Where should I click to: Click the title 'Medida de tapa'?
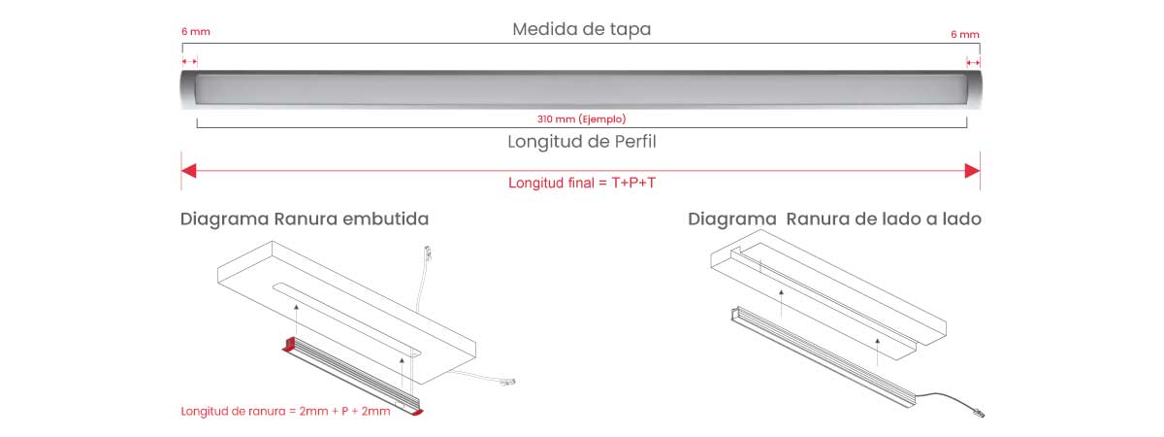coord(581,29)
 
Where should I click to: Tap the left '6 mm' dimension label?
coord(196,32)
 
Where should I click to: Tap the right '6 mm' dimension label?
coord(965,34)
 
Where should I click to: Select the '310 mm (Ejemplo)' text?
coord(581,119)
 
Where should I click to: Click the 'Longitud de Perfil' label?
coord(581,142)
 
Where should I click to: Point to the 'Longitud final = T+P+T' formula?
coord(582,183)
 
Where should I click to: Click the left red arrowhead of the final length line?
coord(188,171)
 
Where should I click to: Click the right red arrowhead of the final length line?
coord(972,171)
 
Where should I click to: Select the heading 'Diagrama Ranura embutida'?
coord(305,219)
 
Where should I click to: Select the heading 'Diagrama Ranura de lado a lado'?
coord(834,219)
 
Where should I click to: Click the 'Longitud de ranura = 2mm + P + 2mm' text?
coord(285,411)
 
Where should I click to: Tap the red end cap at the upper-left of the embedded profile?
coord(289,344)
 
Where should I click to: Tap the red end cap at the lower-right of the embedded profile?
coord(417,412)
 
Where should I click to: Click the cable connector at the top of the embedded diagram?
coord(428,252)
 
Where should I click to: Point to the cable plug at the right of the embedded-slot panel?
coord(507,382)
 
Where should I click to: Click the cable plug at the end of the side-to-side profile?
coord(978,414)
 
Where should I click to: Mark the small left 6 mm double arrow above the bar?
coord(190,61)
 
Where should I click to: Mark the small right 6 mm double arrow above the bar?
coord(973,62)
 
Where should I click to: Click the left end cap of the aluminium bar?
coord(188,89)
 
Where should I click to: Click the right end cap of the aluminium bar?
coord(974,89)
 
